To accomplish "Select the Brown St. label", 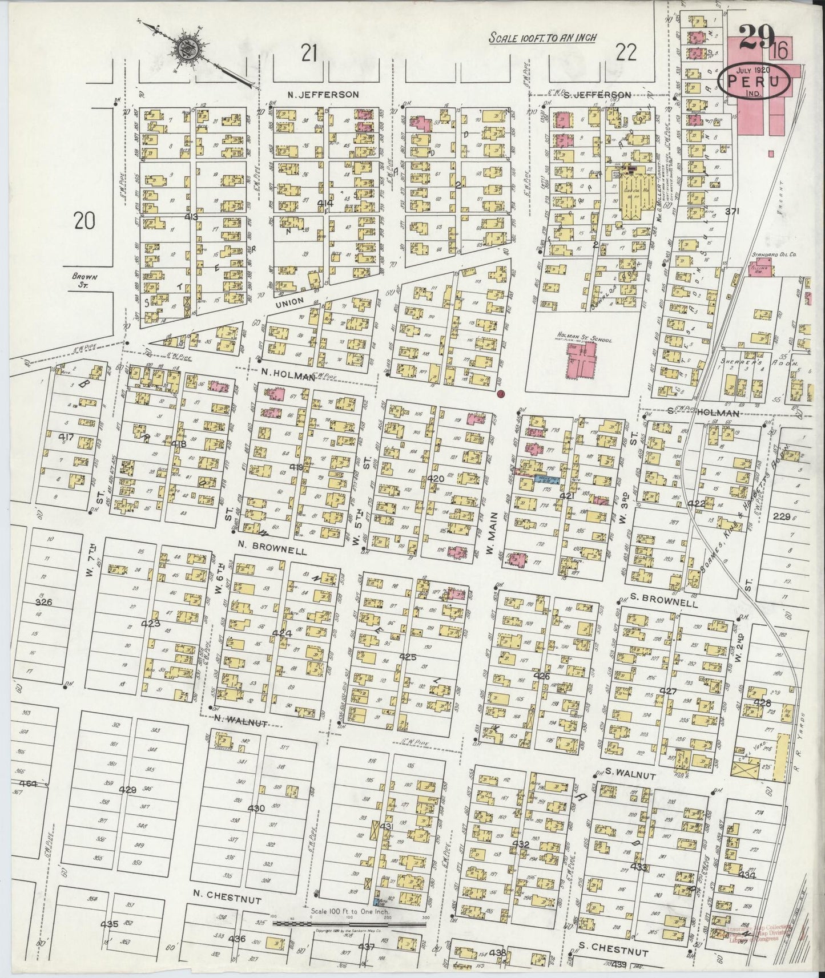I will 84,280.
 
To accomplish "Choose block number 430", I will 257,808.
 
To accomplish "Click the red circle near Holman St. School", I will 501,394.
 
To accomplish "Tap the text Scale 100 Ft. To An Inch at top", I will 543,38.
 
